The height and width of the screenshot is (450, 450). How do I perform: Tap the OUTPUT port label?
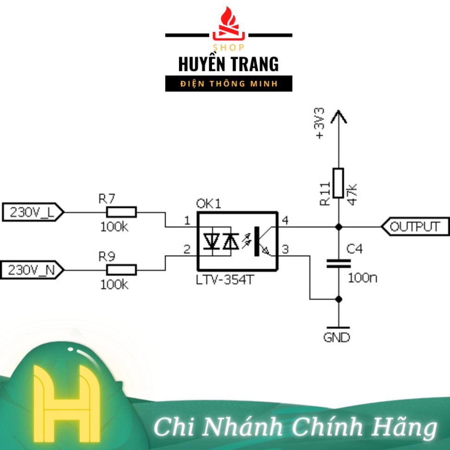[x=414, y=227]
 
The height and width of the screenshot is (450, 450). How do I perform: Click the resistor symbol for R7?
[x=122, y=212]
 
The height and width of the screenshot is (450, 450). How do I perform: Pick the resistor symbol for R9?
[x=122, y=270]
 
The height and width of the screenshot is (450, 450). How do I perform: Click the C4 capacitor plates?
[x=339, y=264]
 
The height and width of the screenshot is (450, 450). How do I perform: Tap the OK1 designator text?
[x=209, y=204]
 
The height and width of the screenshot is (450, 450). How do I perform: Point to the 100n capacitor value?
[x=363, y=278]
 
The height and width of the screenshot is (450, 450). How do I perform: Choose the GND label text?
[x=337, y=338]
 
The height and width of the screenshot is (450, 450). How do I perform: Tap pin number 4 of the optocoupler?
[x=285, y=221]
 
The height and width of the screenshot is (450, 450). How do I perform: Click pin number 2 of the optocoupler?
[x=187, y=250]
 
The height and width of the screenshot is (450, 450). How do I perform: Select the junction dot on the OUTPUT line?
[x=339, y=227]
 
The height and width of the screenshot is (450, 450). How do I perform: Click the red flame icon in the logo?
[x=228, y=24]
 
